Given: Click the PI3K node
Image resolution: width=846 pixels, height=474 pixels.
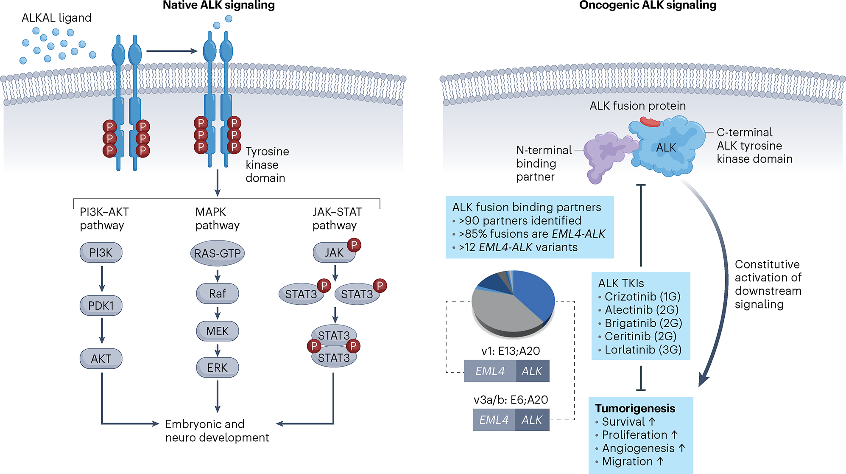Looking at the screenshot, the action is pos(101,252).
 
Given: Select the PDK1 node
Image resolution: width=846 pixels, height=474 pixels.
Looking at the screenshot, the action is pos(101,306).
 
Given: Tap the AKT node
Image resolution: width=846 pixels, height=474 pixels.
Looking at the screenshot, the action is pos(101,359).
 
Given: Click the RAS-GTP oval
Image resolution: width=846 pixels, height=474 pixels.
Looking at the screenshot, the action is pos(218,253).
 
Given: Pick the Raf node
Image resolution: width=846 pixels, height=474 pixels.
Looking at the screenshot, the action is pos(218,293).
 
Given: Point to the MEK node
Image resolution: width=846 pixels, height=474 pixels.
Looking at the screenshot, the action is pos(218,331).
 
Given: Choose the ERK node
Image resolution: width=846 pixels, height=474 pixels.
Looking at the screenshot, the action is pos(218,367).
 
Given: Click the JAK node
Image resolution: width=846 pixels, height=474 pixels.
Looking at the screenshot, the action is pos(334,252).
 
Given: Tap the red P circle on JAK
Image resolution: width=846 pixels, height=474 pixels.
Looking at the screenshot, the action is pos(354,245).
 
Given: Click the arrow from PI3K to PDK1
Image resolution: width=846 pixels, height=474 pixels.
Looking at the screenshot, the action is pos(102,279).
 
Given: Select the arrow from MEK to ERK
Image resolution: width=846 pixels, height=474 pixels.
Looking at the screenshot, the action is pos(218,350).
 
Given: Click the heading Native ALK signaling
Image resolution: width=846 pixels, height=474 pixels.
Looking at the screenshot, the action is pos(219,5).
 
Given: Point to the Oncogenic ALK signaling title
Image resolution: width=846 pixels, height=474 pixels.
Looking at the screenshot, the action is pos(648,5).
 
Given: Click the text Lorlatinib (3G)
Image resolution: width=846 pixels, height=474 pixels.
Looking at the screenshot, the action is pos(643,350).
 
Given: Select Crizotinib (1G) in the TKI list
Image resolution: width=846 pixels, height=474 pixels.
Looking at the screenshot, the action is pos(642,297).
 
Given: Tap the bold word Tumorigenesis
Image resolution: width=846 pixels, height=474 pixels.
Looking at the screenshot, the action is pos(635,408).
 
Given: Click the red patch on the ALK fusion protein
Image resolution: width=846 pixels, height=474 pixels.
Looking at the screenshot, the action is pos(650,122).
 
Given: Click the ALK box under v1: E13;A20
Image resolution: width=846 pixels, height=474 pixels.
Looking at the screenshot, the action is pos(533,371).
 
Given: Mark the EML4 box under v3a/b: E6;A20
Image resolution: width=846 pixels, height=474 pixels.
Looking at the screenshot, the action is pos(494,420).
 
